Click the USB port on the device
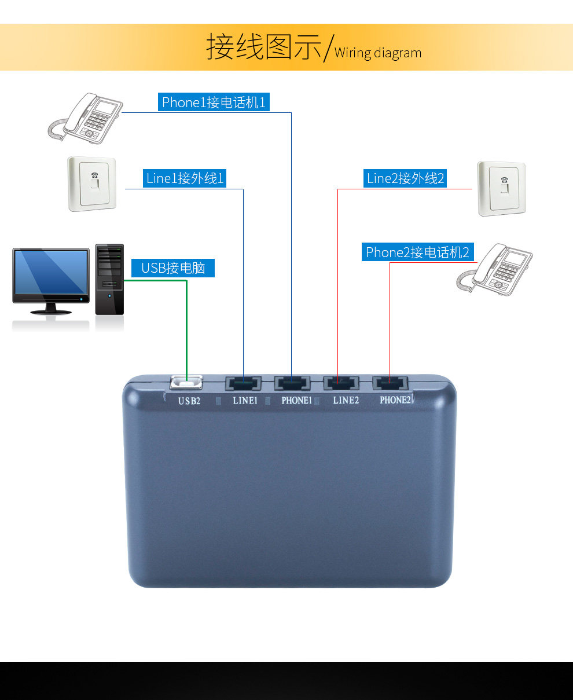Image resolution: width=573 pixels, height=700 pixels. (186, 383)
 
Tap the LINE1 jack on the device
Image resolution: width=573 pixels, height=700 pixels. (243, 383)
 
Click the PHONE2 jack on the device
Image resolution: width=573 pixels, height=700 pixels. (391, 383)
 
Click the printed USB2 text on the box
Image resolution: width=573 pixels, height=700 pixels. (189, 401)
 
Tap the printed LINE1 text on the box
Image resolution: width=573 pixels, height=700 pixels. (245, 401)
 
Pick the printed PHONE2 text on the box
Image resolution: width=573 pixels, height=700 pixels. (395, 400)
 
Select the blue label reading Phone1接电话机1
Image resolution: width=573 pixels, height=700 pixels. (214, 102)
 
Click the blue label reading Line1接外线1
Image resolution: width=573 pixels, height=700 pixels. (185, 178)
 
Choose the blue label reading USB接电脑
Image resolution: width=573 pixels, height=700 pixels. (173, 268)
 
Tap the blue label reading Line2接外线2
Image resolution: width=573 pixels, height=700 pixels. (405, 178)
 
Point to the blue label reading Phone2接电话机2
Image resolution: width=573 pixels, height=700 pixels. (417, 252)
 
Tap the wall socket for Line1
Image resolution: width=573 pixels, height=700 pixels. (92, 184)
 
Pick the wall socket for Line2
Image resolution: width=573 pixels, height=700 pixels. (501, 188)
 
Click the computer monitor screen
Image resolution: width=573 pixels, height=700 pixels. (51, 272)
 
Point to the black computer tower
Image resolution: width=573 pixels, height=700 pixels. (109, 279)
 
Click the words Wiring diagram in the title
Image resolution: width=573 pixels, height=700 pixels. (378, 53)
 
